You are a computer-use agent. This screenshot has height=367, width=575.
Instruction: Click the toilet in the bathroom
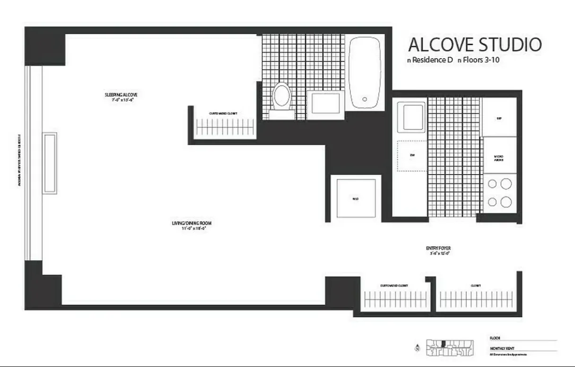tap(282, 97)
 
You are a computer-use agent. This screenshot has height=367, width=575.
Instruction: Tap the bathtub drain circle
tap(365, 99)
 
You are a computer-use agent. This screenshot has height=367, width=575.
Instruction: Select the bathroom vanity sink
tap(325, 103)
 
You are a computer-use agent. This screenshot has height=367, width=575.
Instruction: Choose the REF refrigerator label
tap(499, 119)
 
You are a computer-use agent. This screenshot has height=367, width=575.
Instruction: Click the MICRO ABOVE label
tap(499, 158)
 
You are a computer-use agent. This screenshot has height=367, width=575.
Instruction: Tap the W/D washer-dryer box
tap(356, 199)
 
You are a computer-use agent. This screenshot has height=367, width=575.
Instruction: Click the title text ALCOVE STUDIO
tap(474, 45)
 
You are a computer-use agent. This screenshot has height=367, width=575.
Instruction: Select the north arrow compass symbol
tap(417, 349)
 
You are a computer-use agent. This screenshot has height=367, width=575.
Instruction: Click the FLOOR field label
tap(495, 338)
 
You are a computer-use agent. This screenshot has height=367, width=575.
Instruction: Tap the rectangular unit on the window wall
tap(50, 163)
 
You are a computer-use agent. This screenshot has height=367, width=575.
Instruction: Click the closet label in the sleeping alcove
tap(223, 114)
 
